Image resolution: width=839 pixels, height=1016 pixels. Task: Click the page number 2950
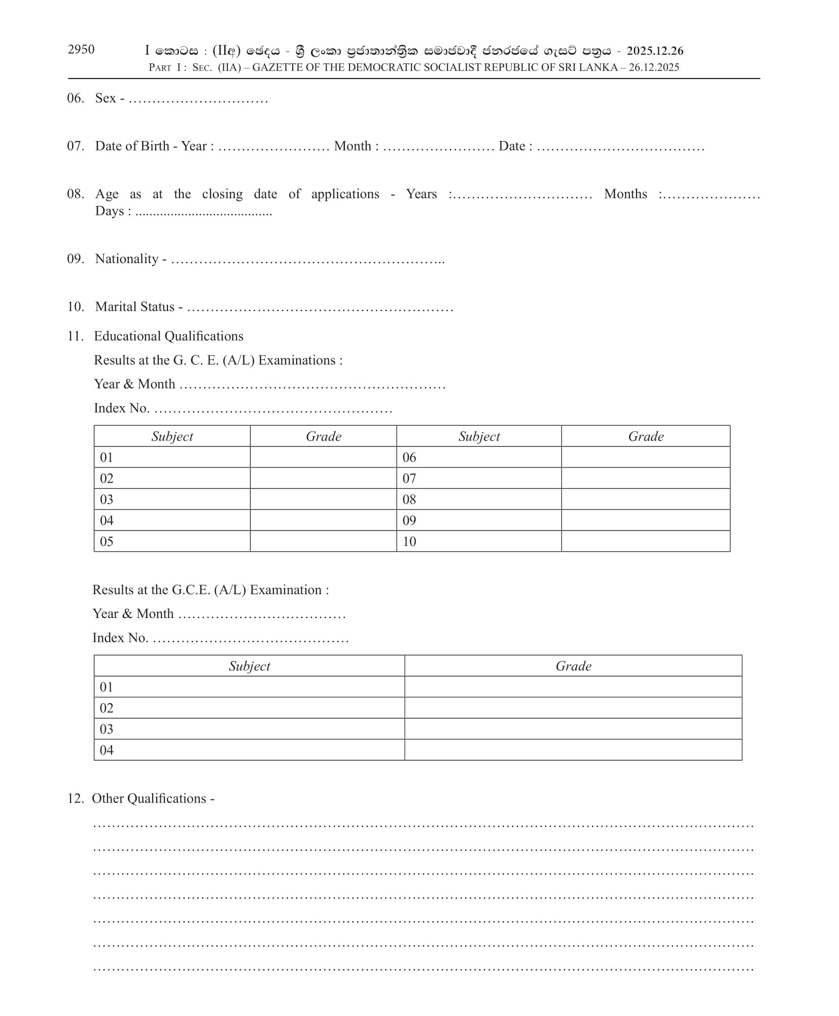click(x=81, y=49)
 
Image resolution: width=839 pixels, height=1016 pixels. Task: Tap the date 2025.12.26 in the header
click(x=655, y=51)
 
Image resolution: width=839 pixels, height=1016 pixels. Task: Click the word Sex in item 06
click(x=106, y=98)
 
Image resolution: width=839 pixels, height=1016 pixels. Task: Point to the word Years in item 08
click(x=421, y=194)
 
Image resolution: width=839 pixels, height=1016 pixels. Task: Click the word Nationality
click(x=127, y=259)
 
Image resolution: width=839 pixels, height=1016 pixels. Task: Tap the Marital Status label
click(x=135, y=307)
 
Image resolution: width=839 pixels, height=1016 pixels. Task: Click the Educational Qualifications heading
click(x=168, y=336)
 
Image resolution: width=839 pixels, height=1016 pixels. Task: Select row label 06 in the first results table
click(x=409, y=457)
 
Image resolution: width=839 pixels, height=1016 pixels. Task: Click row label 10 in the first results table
click(x=409, y=541)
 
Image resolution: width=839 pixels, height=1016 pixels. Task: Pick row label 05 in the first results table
click(x=107, y=541)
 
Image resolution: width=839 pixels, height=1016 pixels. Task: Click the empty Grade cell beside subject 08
click(x=645, y=499)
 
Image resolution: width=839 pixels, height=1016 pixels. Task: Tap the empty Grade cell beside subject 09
click(x=645, y=521)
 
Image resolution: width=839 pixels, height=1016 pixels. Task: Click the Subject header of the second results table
click(x=249, y=666)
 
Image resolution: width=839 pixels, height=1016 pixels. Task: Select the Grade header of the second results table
click(x=573, y=666)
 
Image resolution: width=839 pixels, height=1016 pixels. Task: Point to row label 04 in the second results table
click(x=107, y=750)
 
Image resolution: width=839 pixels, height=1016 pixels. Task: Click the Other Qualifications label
click(x=149, y=799)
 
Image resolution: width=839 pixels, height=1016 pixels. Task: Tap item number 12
click(x=75, y=799)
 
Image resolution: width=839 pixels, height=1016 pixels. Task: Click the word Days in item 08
click(x=110, y=211)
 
